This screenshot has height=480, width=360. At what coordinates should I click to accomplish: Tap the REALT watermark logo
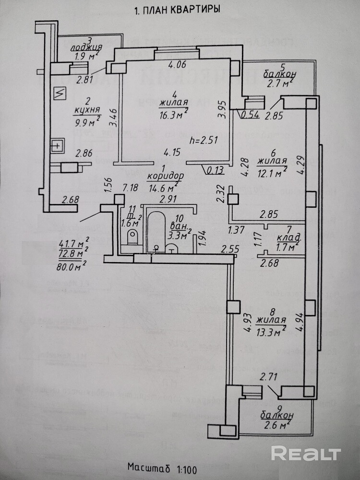pos(305,453)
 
